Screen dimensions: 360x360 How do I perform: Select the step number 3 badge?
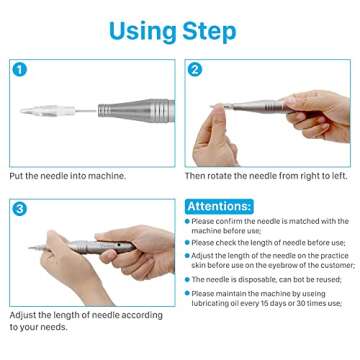point(19,208)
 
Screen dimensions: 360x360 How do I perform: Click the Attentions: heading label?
point(219,206)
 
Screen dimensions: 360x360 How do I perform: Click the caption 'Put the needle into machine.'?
point(68,176)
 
